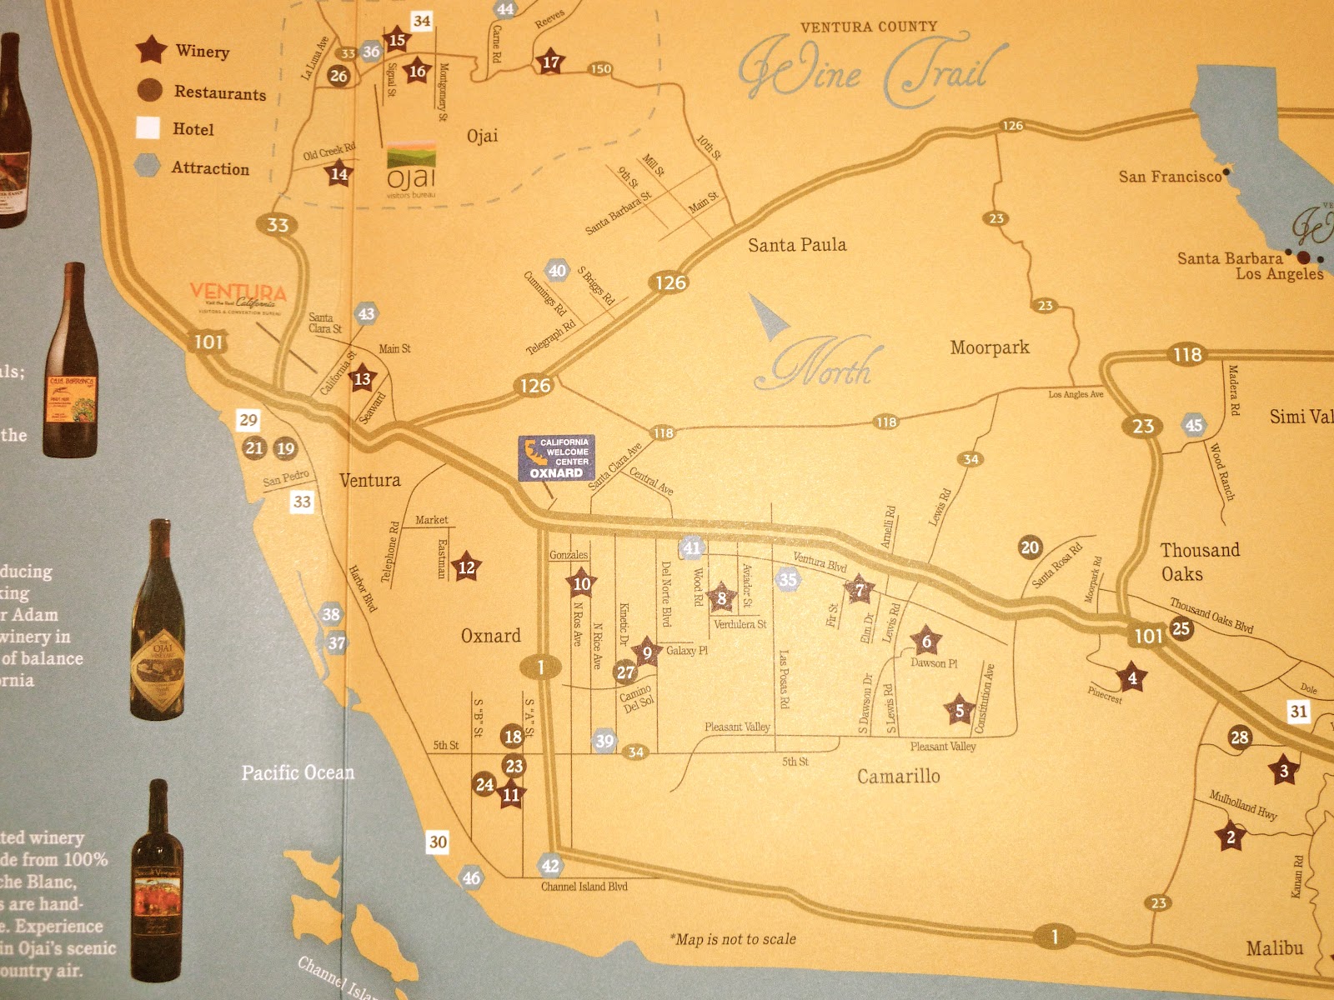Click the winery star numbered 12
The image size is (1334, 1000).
(466, 567)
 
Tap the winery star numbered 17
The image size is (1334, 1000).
(551, 62)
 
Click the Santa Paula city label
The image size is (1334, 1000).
(796, 245)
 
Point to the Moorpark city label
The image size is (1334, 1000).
(990, 347)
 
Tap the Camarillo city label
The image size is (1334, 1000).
(898, 777)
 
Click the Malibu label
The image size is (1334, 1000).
(1274, 948)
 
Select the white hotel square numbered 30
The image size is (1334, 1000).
(438, 842)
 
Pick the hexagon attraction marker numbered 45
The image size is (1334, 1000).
(1194, 425)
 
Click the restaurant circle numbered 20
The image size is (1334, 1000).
(1030, 547)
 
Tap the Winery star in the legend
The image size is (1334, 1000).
(151, 50)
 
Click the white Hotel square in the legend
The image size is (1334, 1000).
(148, 128)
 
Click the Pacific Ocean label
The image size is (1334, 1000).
(298, 773)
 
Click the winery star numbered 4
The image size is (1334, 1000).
(1131, 678)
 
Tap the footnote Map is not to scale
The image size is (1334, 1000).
(733, 939)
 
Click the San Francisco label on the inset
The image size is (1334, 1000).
(1169, 177)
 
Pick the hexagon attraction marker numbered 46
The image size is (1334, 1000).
(471, 877)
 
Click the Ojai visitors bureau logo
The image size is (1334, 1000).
(411, 171)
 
